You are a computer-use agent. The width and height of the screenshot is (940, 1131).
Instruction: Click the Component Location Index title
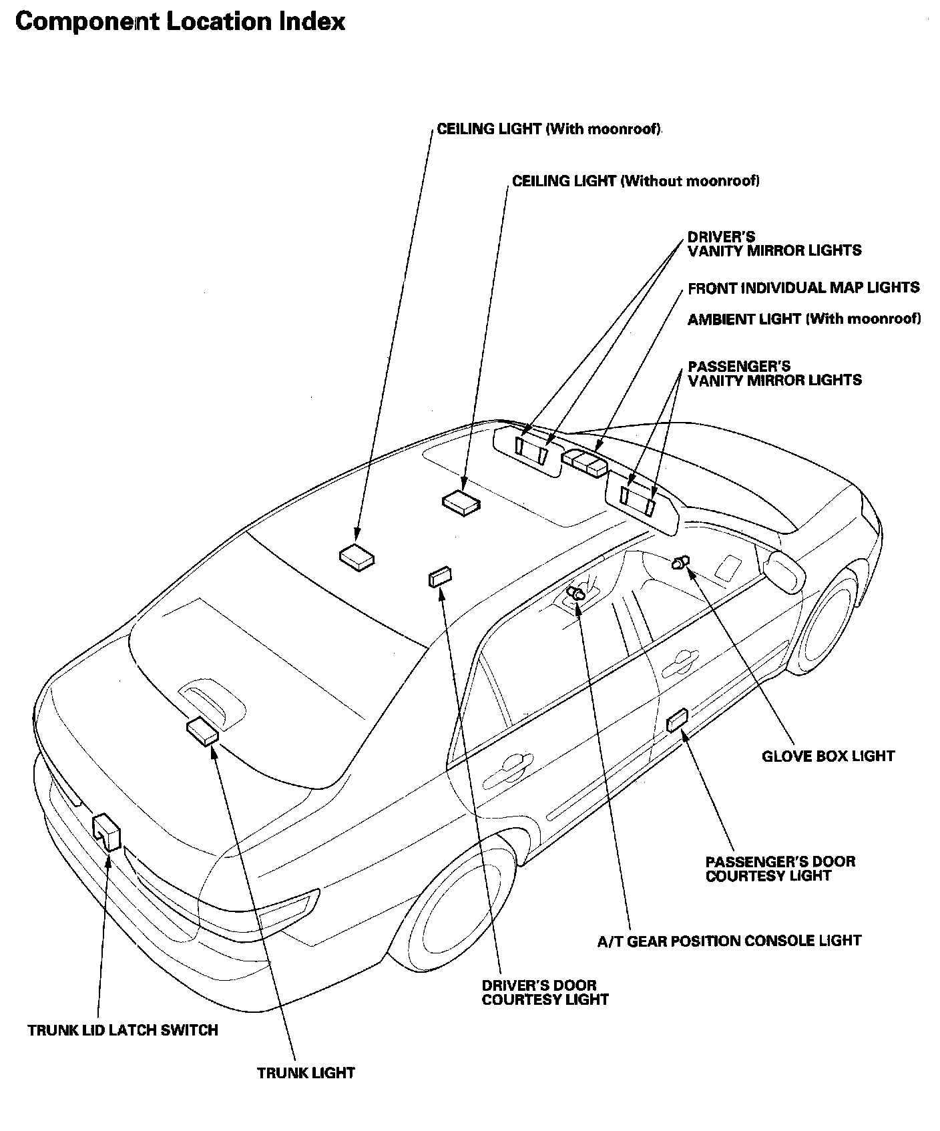(180, 22)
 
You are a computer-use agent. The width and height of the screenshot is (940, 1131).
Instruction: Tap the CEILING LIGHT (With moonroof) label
(549, 129)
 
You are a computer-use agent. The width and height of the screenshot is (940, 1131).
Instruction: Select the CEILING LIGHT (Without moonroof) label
(636, 181)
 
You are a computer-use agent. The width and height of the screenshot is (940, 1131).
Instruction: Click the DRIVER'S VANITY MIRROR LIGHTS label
(774, 244)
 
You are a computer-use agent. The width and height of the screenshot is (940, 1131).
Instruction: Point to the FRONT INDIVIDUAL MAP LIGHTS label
(803, 288)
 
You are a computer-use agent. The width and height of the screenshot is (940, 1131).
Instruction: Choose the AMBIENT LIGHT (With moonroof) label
(804, 319)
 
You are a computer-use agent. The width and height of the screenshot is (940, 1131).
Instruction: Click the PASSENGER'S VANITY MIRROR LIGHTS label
(774, 374)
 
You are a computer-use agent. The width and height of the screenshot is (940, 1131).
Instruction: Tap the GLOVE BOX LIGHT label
(828, 756)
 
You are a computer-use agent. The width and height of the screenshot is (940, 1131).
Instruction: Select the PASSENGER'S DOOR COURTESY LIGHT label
(780, 869)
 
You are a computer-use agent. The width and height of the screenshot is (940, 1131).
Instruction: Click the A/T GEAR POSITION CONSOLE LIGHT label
(729, 941)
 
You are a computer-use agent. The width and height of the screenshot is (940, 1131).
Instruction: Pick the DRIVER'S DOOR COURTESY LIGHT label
(545, 992)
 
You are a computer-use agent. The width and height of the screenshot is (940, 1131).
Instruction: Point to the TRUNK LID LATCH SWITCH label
(123, 1030)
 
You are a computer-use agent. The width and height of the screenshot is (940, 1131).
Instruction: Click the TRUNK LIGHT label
(306, 1073)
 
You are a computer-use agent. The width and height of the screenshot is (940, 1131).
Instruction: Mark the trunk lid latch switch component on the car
(107, 832)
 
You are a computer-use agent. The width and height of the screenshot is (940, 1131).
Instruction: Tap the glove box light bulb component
(681, 563)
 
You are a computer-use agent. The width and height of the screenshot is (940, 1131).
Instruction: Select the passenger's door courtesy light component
(677, 720)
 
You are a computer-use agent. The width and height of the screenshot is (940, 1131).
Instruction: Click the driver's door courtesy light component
(440, 576)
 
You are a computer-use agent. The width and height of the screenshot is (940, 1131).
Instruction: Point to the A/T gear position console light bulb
(575, 592)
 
